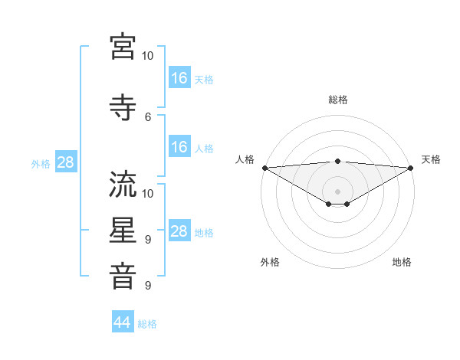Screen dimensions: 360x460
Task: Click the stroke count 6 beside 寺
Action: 148,116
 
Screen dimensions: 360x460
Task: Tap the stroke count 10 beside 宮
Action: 148,56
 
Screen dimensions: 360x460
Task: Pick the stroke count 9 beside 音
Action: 148,286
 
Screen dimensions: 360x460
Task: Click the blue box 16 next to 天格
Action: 179,78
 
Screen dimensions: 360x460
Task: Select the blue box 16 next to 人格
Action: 179,148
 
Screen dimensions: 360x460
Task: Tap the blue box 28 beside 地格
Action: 179,232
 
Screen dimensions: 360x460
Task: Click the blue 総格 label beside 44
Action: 147,324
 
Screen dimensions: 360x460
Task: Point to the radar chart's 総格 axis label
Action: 337,100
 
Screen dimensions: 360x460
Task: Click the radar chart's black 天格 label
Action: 431,159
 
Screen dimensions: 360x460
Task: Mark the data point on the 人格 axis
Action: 264,168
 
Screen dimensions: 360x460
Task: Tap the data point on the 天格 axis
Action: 411,168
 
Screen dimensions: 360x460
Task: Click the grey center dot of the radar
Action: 337,191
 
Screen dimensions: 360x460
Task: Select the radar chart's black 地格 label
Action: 402,263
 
